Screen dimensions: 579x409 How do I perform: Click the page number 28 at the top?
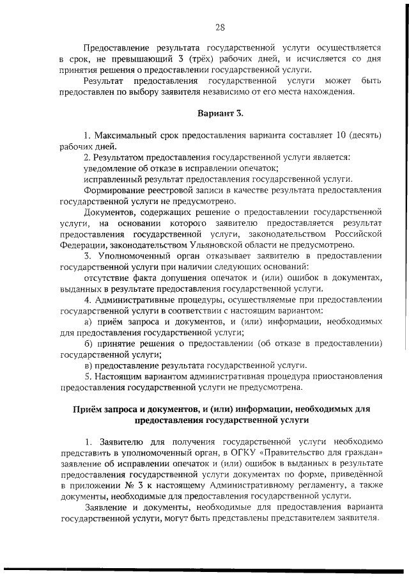pyautogui.click(x=220, y=27)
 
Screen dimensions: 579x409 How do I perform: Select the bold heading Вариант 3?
pyautogui.click(x=220, y=114)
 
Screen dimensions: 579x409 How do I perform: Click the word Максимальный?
pyautogui.click(x=124, y=136)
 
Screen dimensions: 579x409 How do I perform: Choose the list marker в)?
pyautogui.click(x=89, y=364)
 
